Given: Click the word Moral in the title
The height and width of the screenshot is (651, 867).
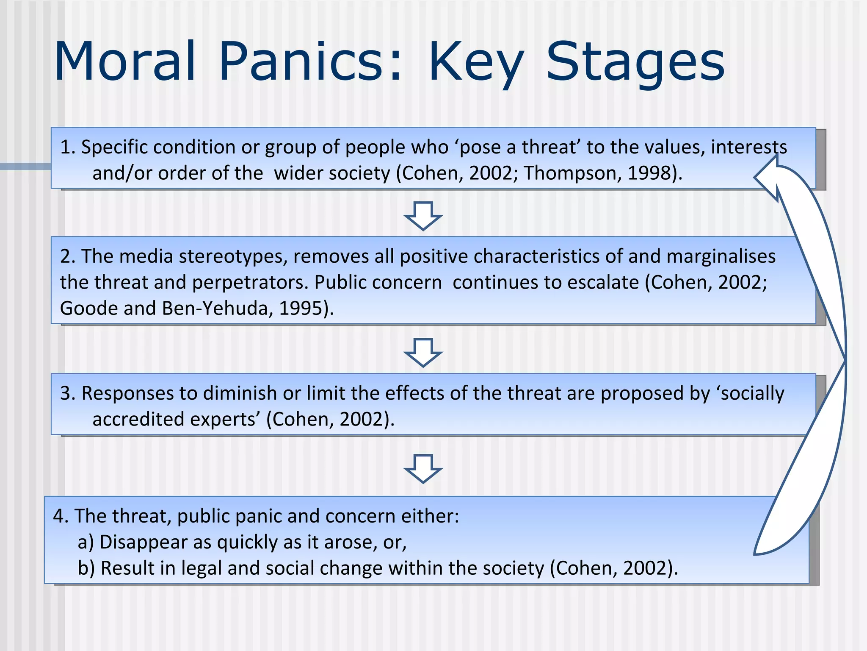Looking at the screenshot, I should click(x=125, y=61).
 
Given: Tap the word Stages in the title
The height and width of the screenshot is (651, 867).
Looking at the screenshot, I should click(x=635, y=63).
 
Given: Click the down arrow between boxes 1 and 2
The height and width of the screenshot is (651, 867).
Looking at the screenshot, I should click(x=423, y=216).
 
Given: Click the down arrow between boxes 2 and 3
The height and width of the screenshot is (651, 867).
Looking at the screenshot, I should click(x=423, y=352).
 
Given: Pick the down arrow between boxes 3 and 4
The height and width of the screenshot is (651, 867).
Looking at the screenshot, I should click(x=423, y=468).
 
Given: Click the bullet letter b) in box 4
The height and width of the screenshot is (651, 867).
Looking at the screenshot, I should click(x=86, y=568).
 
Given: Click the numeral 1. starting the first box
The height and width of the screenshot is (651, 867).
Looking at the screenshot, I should click(x=68, y=147).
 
